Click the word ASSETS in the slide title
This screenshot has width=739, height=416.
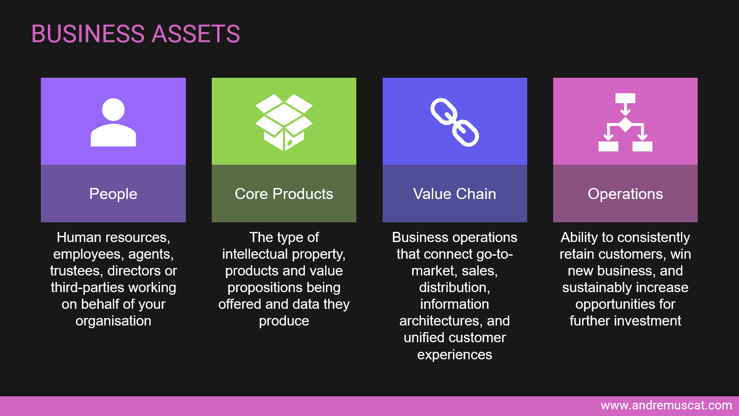tap(196, 34)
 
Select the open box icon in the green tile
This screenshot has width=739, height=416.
tap(284, 122)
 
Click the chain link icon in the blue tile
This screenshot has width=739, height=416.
tap(455, 122)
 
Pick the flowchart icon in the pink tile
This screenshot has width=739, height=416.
tap(625, 122)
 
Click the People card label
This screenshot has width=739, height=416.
tap(113, 194)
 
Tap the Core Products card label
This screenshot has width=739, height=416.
tap(284, 194)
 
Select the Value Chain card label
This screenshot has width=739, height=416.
tap(455, 194)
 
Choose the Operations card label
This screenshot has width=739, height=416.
tap(625, 194)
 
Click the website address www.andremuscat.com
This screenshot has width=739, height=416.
tap(666, 405)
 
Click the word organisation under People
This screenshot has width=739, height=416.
tap(113, 321)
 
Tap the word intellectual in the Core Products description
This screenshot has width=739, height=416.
tap(255, 254)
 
